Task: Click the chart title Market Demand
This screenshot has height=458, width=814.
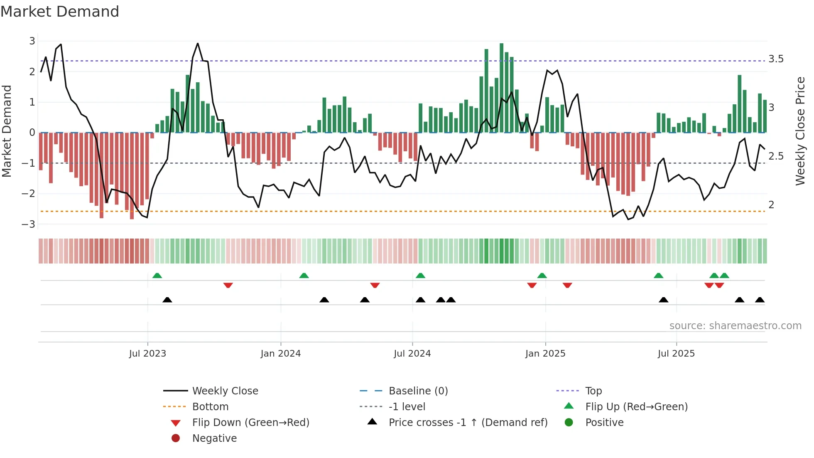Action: coord(60,12)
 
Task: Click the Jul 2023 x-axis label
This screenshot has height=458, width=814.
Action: coord(147,354)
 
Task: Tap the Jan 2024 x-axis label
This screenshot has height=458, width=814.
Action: coord(280,354)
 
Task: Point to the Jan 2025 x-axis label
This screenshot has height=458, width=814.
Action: coord(545,354)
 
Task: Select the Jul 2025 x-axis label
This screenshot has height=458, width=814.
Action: coord(676,354)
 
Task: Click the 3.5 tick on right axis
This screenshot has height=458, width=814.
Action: coord(776,59)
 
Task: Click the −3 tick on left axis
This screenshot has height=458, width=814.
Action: coord(29,224)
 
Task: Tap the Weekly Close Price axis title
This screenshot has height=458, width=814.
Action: coord(800,131)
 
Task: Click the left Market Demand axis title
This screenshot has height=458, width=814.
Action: coord(7,131)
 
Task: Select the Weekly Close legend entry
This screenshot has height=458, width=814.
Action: coord(225,391)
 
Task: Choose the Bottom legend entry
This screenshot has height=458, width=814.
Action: coord(210,407)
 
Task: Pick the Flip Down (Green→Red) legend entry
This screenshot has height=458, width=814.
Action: coord(250,423)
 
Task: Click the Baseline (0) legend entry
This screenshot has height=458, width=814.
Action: coord(418,391)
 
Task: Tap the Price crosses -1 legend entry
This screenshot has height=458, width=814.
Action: coord(468,423)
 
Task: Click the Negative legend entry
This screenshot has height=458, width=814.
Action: coord(214,438)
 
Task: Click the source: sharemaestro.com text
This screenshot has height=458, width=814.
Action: coord(735,326)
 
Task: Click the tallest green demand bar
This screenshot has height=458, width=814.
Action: coord(501,87)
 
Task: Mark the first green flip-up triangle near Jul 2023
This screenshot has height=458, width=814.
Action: coord(157,276)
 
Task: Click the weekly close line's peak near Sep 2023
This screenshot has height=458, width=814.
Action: coord(198,44)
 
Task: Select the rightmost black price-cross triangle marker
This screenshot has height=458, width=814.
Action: coord(760,300)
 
